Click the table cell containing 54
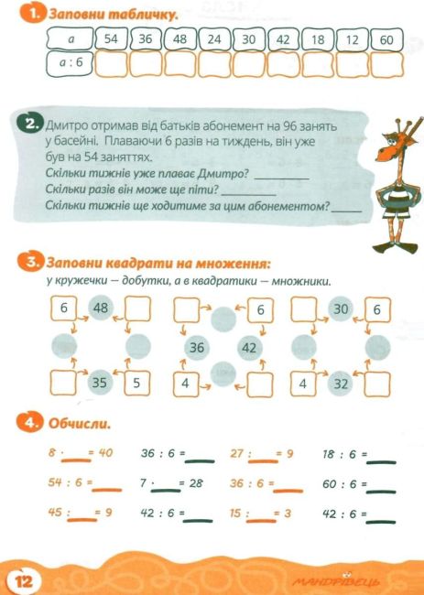(x=111, y=38)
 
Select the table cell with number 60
(x=386, y=39)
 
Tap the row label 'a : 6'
(x=71, y=62)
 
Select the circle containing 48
(x=101, y=308)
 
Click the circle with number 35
(x=100, y=383)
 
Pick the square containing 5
(x=136, y=384)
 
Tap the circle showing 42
(x=249, y=348)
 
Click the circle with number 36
(x=197, y=348)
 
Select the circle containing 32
(x=341, y=384)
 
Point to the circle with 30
(x=341, y=308)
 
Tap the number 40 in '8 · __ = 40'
(x=105, y=452)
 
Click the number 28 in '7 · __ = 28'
(x=196, y=483)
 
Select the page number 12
(x=24, y=581)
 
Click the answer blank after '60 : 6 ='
(x=381, y=492)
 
